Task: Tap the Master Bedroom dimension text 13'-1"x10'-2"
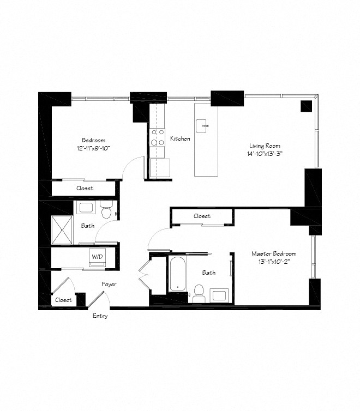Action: (x=274, y=262)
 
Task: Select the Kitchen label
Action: (x=180, y=138)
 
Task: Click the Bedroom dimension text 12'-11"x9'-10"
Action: (x=93, y=148)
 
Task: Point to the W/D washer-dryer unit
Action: (x=97, y=257)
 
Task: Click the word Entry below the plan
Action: (x=100, y=316)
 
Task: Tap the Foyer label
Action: (x=109, y=284)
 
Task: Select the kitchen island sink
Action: (x=206, y=125)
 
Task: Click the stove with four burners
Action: (x=158, y=137)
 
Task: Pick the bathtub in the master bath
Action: (x=178, y=274)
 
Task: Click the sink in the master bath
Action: (x=219, y=296)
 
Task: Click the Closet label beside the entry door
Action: (x=63, y=300)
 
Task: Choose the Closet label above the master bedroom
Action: (x=202, y=216)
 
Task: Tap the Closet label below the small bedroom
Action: (x=84, y=188)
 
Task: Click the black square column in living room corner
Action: (x=307, y=106)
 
